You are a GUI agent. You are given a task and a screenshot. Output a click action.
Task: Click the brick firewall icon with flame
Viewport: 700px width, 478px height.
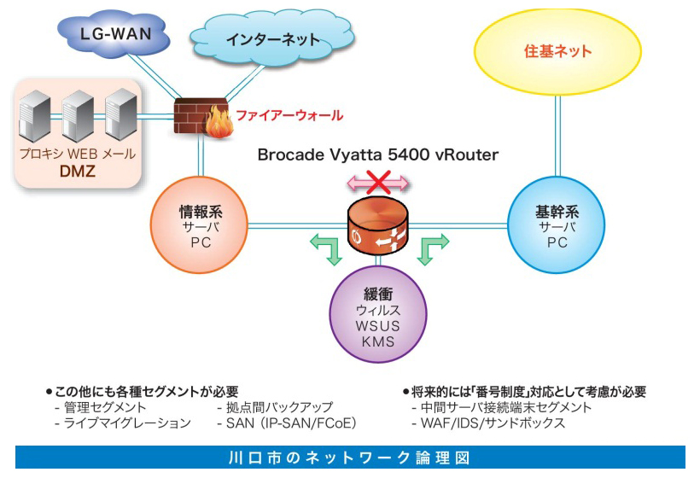199,117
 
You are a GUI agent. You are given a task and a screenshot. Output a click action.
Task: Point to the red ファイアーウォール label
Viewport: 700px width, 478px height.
289,115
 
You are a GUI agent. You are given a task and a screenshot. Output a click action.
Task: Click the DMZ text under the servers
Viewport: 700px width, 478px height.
77,172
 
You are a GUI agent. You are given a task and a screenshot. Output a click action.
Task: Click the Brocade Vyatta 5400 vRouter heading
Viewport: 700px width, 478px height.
378,154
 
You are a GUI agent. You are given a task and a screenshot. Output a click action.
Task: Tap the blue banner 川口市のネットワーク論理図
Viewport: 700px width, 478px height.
350,457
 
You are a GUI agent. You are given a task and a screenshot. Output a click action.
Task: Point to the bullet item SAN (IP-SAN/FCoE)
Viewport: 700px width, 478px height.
290,423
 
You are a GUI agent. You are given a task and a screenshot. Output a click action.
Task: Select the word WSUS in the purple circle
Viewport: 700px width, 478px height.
376,327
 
